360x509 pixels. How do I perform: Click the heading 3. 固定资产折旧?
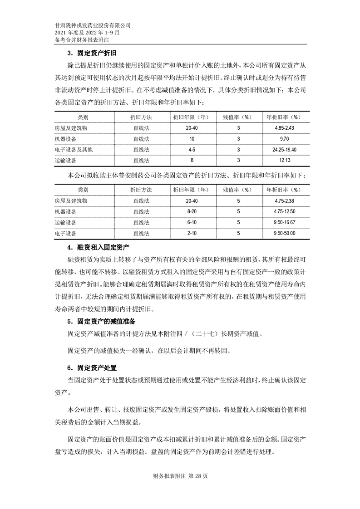click(x=91, y=53)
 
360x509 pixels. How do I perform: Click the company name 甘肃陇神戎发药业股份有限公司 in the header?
click(x=93, y=26)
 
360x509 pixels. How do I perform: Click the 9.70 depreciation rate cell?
click(x=285, y=139)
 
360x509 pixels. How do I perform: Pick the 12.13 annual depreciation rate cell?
click(x=285, y=161)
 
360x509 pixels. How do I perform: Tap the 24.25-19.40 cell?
click(x=285, y=150)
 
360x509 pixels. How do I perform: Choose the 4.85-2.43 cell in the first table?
click(x=285, y=128)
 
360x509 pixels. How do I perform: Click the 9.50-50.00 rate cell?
click(x=285, y=234)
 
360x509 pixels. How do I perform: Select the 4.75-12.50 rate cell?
click(x=285, y=212)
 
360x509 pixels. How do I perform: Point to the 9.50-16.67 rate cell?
click(x=285, y=223)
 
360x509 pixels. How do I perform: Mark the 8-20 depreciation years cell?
click(x=192, y=212)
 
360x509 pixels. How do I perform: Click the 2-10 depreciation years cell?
click(x=192, y=234)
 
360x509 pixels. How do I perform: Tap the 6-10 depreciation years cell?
click(x=192, y=223)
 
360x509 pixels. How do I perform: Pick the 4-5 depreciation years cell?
click(x=192, y=150)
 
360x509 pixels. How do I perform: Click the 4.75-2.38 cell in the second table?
click(x=285, y=201)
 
